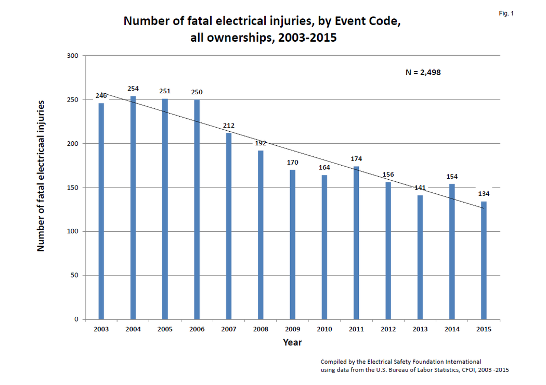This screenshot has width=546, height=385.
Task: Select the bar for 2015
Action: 484,260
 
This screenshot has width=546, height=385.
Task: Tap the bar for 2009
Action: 292,244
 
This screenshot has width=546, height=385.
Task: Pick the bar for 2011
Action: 356,242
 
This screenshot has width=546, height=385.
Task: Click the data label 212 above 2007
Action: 229,125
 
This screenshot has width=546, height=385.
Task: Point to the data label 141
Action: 420,188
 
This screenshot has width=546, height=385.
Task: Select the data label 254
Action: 133,89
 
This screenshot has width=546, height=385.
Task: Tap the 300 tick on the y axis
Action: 73,56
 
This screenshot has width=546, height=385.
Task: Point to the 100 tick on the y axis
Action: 73,231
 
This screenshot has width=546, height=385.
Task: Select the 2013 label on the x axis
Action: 420,329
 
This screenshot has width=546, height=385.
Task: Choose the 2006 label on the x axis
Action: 197,329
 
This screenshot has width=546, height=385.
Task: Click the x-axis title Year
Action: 292,342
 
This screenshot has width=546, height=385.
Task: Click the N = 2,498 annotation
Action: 423,72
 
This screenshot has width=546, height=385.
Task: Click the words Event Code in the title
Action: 370,22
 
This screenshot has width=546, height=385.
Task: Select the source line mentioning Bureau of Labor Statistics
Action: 414,370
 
